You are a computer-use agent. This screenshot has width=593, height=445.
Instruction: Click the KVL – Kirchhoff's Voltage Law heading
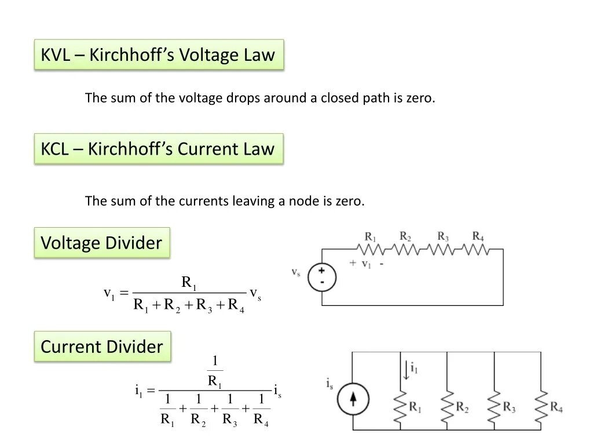point(158,55)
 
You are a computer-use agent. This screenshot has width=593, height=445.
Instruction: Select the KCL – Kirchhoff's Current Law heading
point(158,149)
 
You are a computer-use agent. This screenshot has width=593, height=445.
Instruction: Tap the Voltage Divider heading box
point(101,243)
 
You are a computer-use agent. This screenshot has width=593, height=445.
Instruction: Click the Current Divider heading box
point(102,346)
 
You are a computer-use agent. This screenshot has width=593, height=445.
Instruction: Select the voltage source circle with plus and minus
point(321,277)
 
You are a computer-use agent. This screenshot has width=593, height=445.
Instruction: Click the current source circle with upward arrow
point(353,399)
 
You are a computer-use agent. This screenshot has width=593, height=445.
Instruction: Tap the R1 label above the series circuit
point(370,236)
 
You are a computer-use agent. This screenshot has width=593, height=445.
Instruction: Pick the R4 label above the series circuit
point(478,236)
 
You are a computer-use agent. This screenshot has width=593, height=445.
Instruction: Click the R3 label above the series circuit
point(442,236)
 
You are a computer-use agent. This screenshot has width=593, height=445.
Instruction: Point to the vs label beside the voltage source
point(295,272)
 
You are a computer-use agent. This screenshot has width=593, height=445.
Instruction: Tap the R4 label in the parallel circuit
point(557,407)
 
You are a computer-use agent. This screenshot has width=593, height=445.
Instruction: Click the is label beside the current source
point(330,383)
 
